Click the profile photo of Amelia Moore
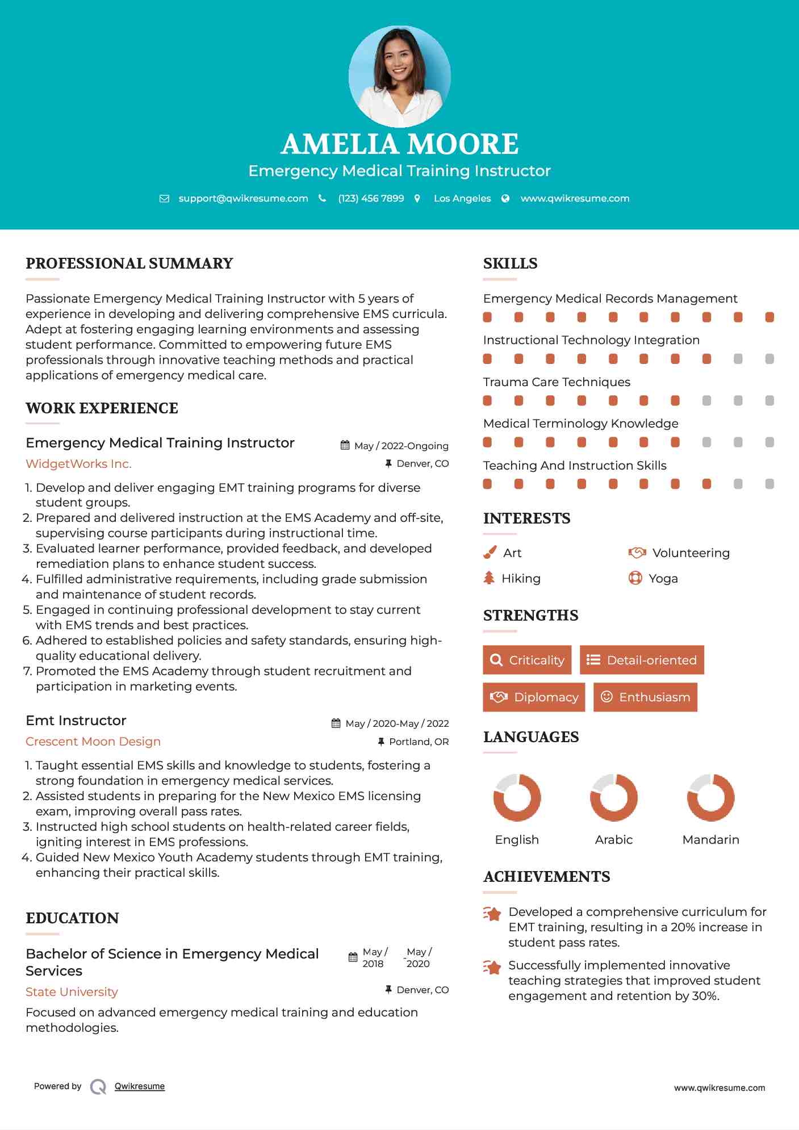point(399,76)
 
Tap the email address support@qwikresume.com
point(243,198)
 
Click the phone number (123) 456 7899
point(371,198)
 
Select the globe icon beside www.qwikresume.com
point(505,198)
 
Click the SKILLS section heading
point(510,263)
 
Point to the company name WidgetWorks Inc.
point(78,464)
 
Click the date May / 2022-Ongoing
point(401,446)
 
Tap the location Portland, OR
point(419,742)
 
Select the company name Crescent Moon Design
point(93,742)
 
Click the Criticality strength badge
point(527,660)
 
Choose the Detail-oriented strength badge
point(642,660)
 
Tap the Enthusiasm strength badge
point(645,697)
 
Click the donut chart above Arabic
point(613,797)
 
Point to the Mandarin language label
point(710,840)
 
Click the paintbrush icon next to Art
point(490,553)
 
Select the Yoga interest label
point(663,579)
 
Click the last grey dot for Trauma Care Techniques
point(769,401)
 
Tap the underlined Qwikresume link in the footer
point(140,1086)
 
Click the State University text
point(72,992)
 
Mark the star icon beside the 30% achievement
point(492,966)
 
